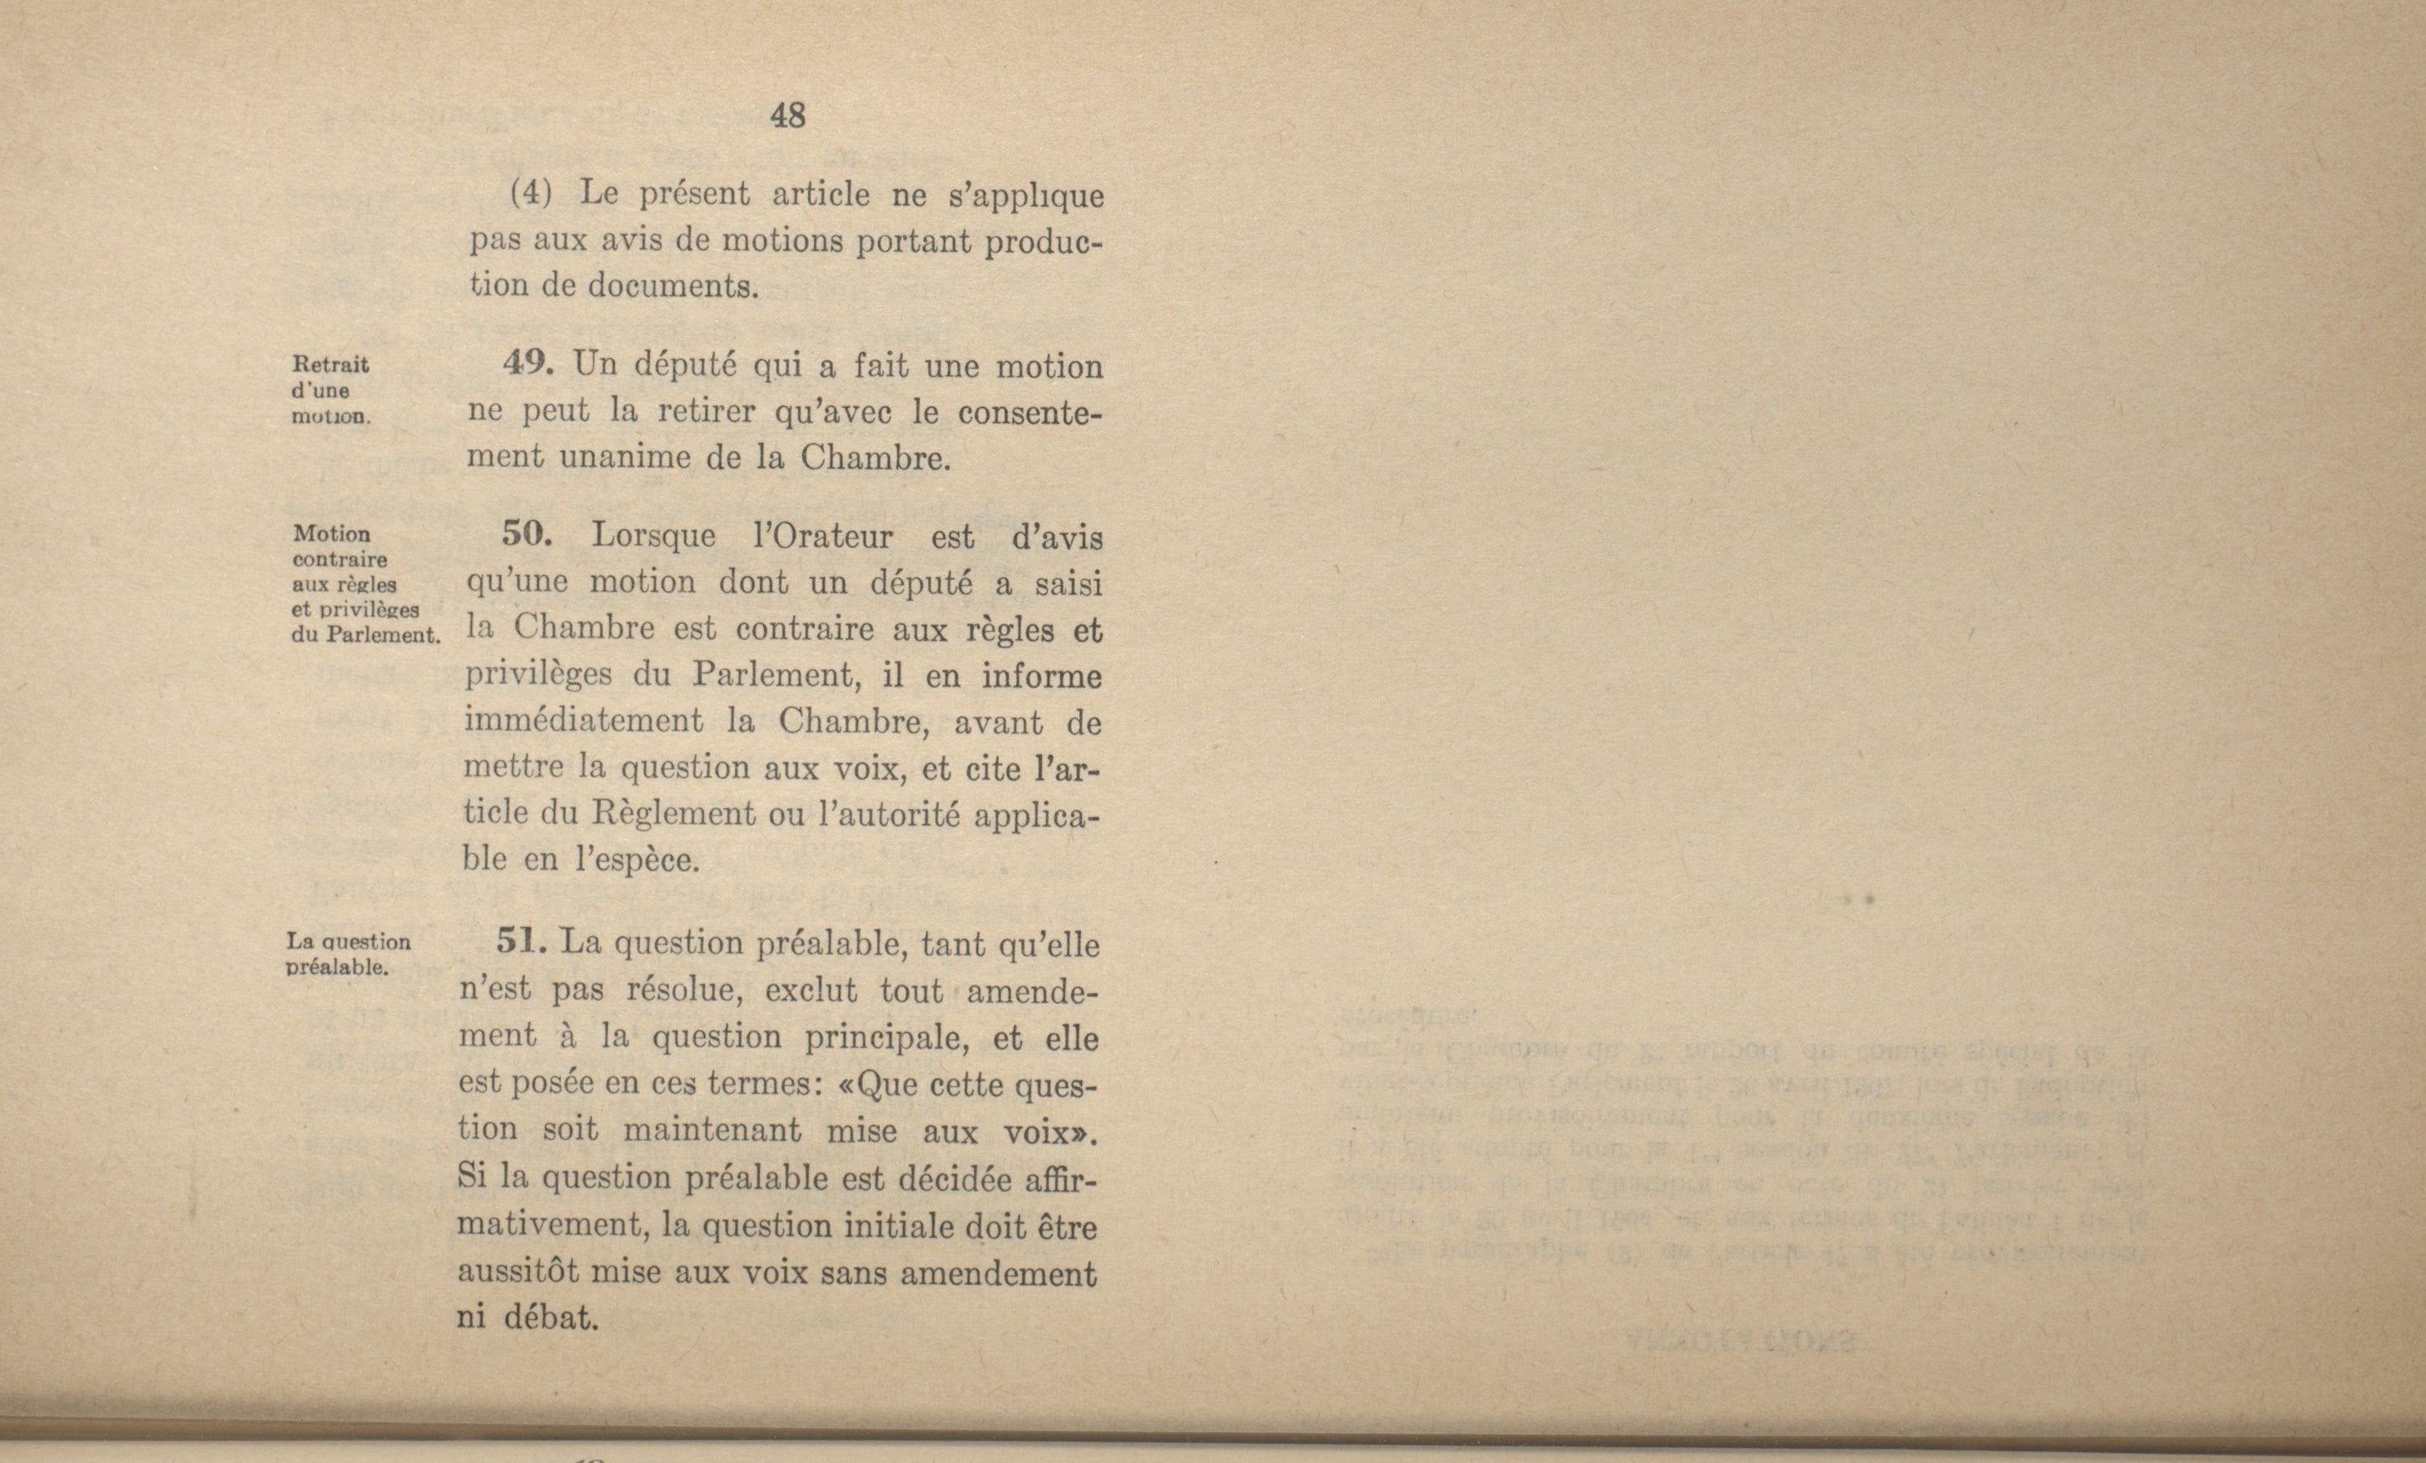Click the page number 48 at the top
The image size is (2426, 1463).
tap(787, 117)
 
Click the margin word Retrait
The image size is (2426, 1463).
tap(331, 365)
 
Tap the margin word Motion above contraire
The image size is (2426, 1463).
tap(332, 534)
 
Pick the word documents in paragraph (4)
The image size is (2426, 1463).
tap(673, 286)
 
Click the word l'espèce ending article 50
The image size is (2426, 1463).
tap(637, 860)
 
